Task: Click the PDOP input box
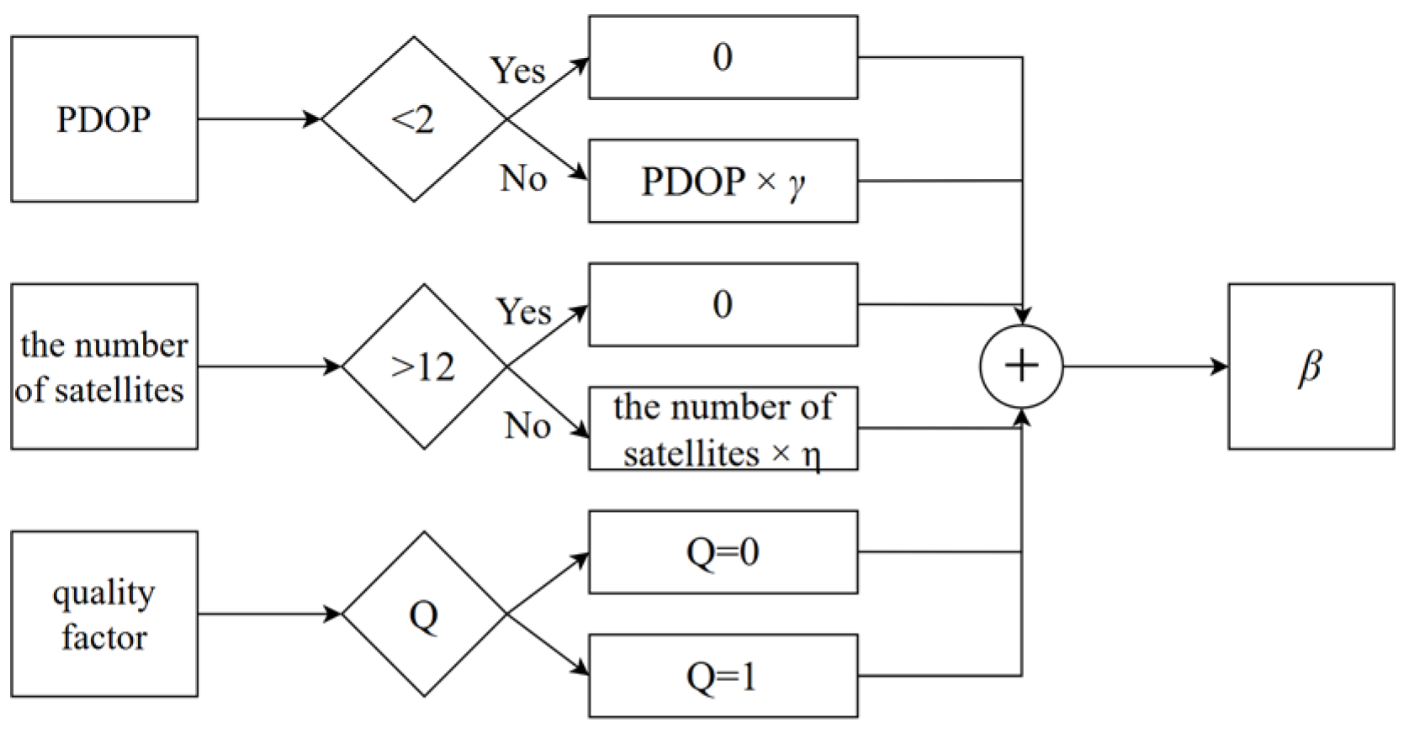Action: (x=103, y=119)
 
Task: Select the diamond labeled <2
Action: (x=414, y=119)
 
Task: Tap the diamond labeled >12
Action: (x=424, y=366)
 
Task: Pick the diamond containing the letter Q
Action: (x=424, y=614)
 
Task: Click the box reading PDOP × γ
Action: (x=723, y=181)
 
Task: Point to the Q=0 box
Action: (x=723, y=552)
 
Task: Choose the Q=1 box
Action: (x=723, y=676)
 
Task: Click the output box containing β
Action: (x=1311, y=366)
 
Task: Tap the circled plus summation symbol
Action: (x=1021, y=366)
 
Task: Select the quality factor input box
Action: (x=103, y=614)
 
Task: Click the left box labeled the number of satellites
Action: (x=103, y=366)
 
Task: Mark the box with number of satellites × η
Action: (x=723, y=429)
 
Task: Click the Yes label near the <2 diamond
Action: (x=518, y=71)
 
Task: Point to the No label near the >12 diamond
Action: (x=527, y=426)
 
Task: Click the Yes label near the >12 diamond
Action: (x=523, y=312)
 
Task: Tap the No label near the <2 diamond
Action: (x=523, y=178)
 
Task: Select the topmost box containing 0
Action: (x=723, y=57)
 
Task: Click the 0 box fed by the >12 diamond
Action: (x=723, y=304)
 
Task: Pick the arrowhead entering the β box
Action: (x=1220, y=366)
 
